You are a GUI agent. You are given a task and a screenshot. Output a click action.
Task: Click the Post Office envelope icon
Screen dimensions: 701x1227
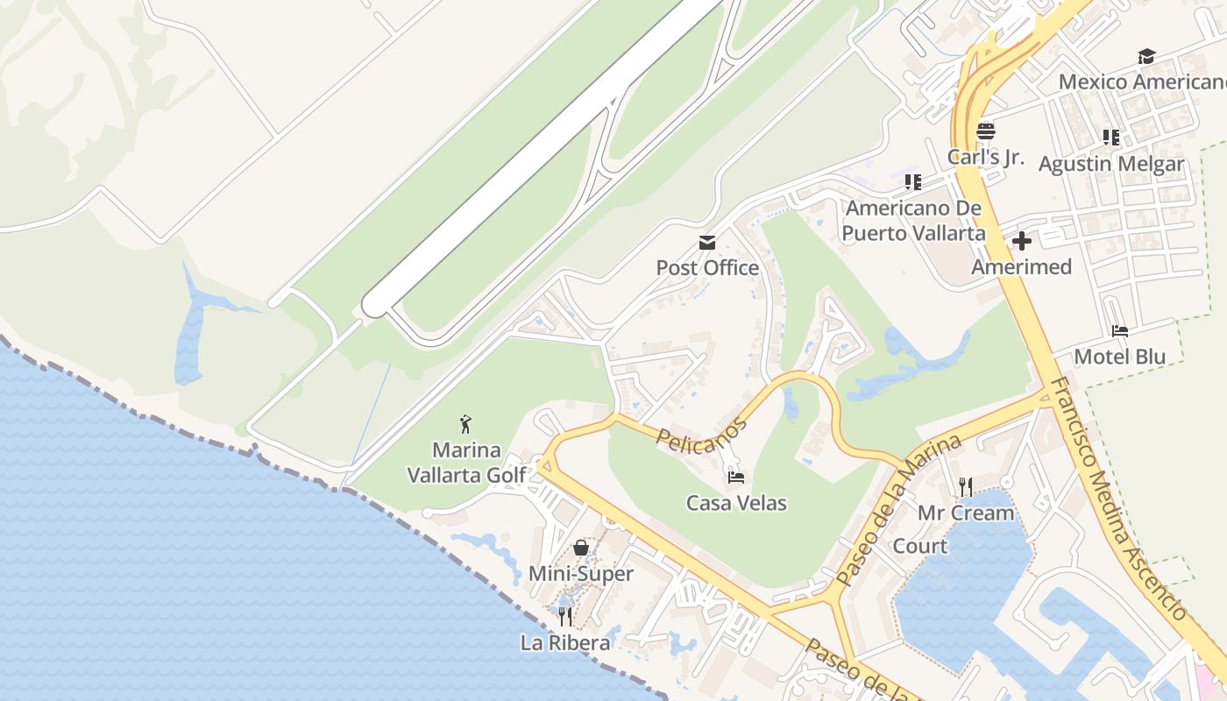click(x=706, y=243)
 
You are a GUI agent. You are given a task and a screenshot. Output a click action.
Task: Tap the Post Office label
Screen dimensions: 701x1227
click(x=707, y=268)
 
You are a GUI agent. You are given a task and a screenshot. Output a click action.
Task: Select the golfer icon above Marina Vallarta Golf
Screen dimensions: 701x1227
click(x=466, y=424)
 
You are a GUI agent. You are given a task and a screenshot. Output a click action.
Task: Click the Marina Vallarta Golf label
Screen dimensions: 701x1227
click(x=466, y=463)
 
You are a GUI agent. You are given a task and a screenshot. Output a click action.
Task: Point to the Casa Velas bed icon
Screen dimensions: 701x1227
click(x=736, y=478)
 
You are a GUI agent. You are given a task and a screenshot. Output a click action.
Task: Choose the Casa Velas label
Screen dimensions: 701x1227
click(x=736, y=503)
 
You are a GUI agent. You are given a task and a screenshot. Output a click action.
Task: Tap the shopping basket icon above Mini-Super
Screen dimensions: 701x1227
click(x=580, y=548)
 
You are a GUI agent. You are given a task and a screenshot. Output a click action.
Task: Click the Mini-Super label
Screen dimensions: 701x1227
click(x=580, y=574)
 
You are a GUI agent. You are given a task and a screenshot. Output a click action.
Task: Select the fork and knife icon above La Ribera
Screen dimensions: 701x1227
click(x=565, y=617)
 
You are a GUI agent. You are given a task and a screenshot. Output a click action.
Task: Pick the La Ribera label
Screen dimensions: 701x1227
click(x=565, y=642)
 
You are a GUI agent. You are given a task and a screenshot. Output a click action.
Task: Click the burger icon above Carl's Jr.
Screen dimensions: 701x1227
click(x=986, y=131)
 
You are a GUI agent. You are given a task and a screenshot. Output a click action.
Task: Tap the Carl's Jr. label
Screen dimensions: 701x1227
click(x=986, y=157)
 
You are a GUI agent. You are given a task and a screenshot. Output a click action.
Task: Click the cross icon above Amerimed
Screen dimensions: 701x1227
click(x=1021, y=241)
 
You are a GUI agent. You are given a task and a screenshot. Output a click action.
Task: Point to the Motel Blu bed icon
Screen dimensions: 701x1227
click(x=1119, y=331)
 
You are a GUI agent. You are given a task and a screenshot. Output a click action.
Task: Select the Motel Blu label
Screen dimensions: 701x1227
click(x=1119, y=357)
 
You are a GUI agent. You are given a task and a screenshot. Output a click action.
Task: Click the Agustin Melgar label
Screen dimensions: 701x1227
click(x=1110, y=164)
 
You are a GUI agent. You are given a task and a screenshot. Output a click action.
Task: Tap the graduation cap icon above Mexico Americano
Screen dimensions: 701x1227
click(x=1145, y=57)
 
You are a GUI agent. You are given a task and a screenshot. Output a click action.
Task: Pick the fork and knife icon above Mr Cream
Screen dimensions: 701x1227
click(x=966, y=486)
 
